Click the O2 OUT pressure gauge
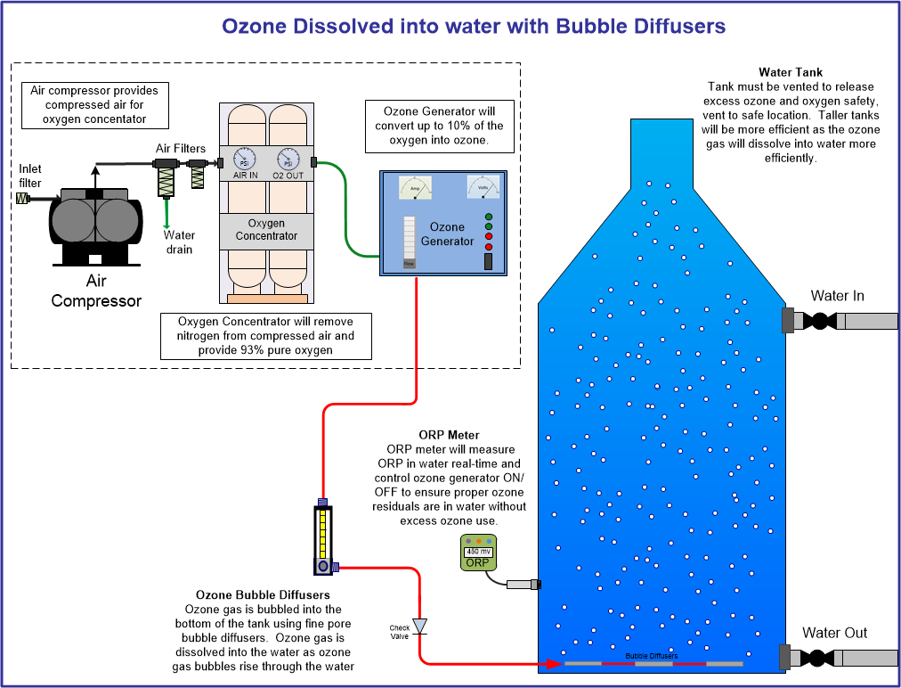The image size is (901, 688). [x=288, y=160]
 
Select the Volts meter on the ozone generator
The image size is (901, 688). [x=484, y=187]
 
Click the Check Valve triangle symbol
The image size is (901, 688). [x=419, y=626]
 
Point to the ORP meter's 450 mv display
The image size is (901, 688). [x=478, y=551]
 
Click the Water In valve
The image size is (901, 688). [x=819, y=321]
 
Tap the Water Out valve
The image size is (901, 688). [x=817, y=658]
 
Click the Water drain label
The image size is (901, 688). [x=178, y=242]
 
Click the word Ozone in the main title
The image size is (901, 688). [x=256, y=26]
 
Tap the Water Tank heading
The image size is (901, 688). [x=790, y=72]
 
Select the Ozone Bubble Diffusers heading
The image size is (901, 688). [x=263, y=594]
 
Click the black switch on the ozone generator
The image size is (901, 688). [x=488, y=261]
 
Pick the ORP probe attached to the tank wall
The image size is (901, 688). [x=523, y=585]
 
